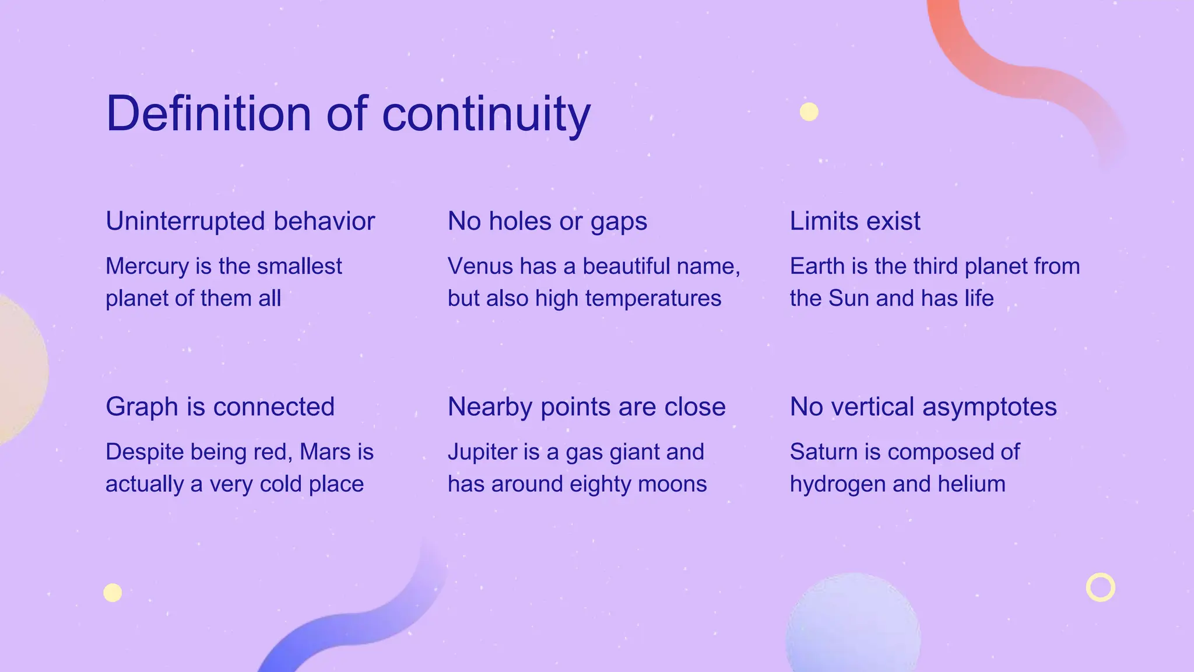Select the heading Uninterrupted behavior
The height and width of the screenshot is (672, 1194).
click(x=240, y=222)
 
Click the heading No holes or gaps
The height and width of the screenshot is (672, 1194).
click(x=547, y=222)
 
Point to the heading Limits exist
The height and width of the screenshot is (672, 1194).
click(x=855, y=222)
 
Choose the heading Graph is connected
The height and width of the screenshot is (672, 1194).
click(x=220, y=407)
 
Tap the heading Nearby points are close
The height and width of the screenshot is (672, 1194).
click(x=587, y=407)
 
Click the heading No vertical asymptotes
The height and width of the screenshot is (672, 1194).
click(x=923, y=407)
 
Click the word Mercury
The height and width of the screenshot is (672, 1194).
click(x=148, y=267)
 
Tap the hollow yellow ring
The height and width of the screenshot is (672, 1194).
click(x=1100, y=587)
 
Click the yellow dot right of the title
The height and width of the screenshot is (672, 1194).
click(x=809, y=111)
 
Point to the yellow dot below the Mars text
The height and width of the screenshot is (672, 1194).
click(x=113, y=593)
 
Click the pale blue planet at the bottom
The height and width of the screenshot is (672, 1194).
click(x=852, y=627)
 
